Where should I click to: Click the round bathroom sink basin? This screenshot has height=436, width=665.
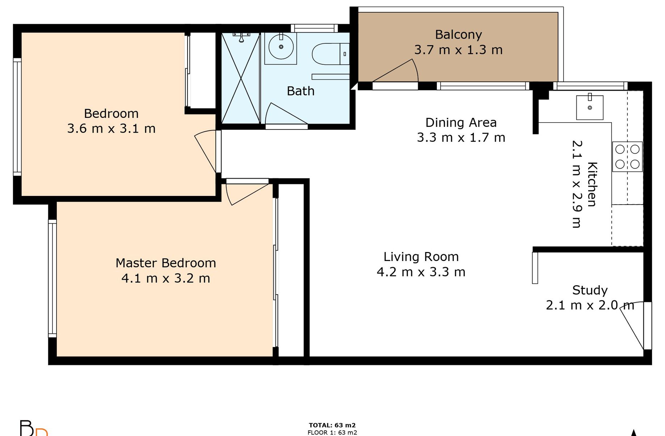(281, 47)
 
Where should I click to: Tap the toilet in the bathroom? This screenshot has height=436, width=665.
(331, 54)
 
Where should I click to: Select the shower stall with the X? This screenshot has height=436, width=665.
(241, 78)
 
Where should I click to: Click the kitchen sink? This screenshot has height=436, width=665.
(590, 107)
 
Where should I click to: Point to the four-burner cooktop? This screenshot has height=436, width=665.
(627, 157)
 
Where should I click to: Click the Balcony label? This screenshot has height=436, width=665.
(458, 35)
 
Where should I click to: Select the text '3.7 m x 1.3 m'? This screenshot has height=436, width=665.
(458, 50)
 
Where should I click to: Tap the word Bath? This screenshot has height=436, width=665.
(300, 91)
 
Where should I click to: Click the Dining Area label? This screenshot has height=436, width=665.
(461, 123)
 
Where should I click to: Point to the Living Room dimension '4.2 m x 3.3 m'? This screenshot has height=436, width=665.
(421, 272)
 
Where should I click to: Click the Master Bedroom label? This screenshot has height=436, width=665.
(166, 263)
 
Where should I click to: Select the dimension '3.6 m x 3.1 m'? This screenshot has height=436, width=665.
(111, 129)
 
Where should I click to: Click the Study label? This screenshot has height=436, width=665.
(590, 290)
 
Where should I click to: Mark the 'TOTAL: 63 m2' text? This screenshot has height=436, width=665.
(332, 425)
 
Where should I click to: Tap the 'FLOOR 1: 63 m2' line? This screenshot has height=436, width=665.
(332, 432)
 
